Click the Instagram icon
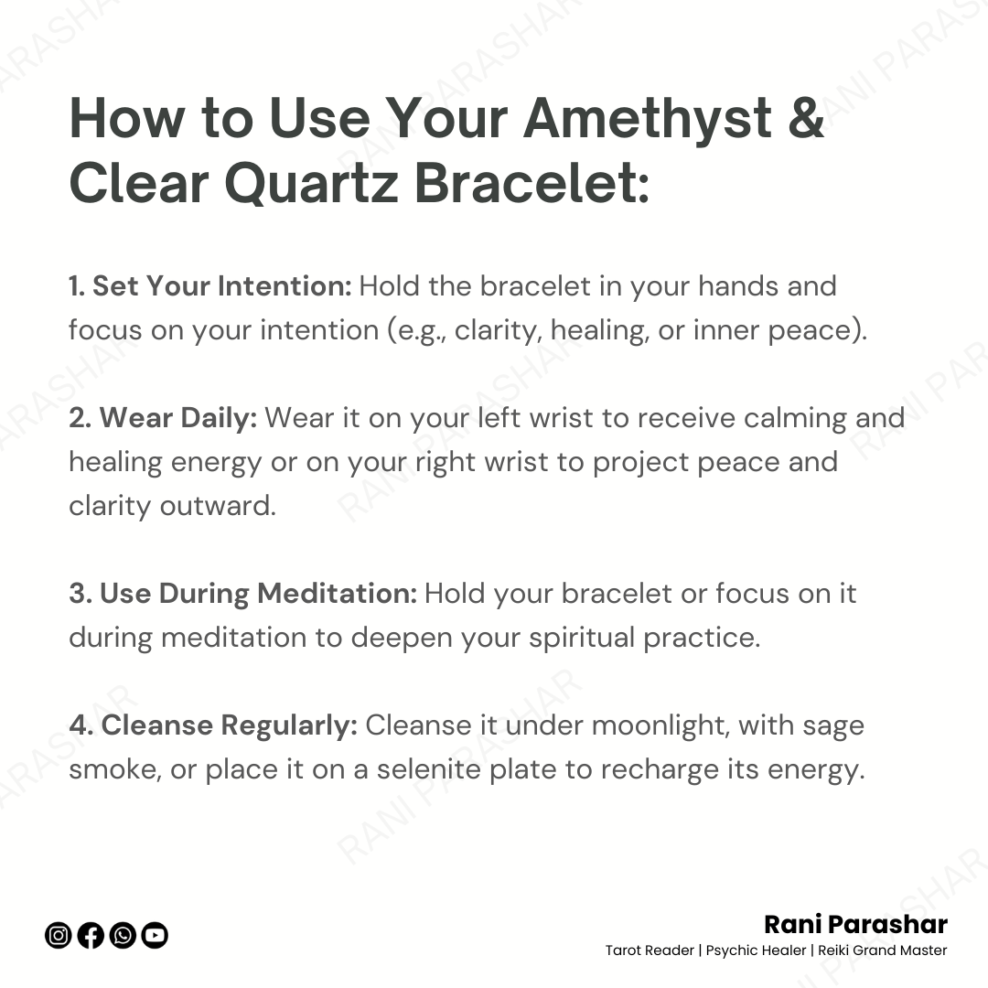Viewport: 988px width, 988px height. (x=58, y=935)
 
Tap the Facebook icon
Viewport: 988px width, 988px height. (x=90, y=935)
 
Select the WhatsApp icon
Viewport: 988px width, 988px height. (x=123, y=935)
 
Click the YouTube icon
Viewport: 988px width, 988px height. (x=155, y=935)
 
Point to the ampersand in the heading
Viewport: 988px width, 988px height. (x=806, y=118)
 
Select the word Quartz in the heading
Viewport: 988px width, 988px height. (x=311, y=184)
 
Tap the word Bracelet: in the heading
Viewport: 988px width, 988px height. (x=532, y=183)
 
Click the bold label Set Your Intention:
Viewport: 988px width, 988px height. (x=221, y=286)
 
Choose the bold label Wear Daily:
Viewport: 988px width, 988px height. (x=178, y=418)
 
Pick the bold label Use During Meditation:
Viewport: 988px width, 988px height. (x=258, y=595)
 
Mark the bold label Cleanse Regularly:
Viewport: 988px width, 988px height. (x=230, y=725)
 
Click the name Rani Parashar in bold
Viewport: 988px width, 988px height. (x=855, y=924)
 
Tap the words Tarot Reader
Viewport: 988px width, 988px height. (x=650, y=950)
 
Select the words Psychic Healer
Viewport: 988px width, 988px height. (x=756, y=950)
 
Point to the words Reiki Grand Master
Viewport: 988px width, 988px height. (x=882, y=950)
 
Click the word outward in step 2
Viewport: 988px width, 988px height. (x=218, y=506)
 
